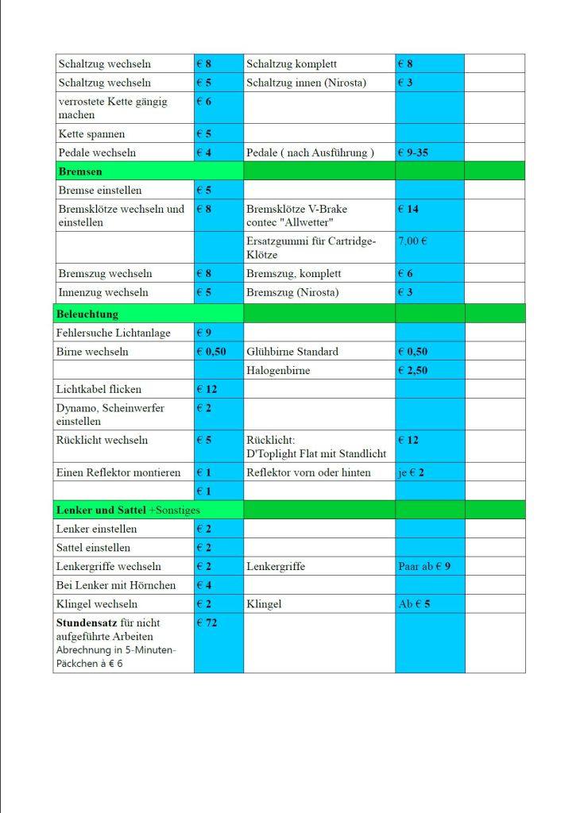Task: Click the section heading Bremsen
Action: (x=79, y=171)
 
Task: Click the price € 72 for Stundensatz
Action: (x=207, y=622)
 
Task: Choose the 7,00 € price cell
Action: (x=412, y=240)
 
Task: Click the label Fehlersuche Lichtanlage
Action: (x=113, y=333)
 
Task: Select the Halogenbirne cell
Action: (x=278, y=370)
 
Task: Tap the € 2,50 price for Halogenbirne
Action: (x=414, y=370)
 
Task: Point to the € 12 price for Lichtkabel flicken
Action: (x=207, y=389)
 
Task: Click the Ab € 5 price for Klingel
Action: (x=415, y=604)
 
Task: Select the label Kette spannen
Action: (x=91, y=133)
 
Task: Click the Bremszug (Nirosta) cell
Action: (x=292, y=292)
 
